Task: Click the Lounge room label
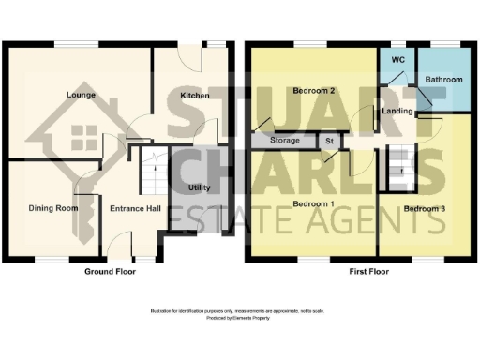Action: coord(81,95)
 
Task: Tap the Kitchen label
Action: coord(194,96)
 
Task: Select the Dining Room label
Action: coord(52,208)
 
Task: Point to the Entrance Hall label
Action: coord(130,208)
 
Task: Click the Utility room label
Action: coord(198,187)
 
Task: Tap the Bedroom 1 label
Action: coord(313,203)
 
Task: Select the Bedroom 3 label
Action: coord(424,207)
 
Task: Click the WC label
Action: coord(397,60)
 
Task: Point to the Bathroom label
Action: coord(443,80)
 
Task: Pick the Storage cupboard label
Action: coord(285,141)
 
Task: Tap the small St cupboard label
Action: coord(329,141)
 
